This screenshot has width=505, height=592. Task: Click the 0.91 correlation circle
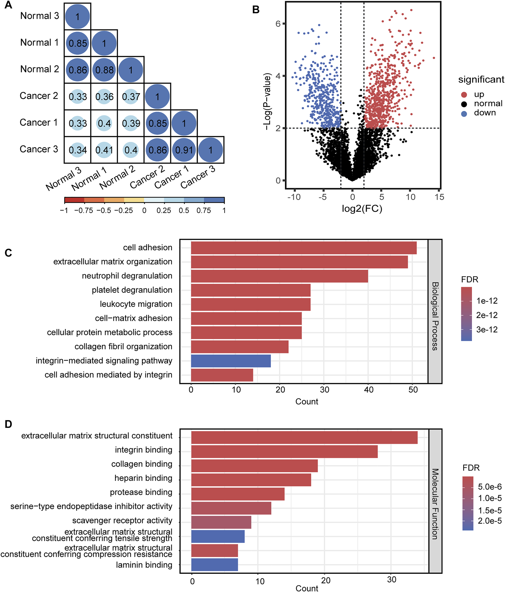(184, 150)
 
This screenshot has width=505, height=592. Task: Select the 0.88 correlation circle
(104, 70)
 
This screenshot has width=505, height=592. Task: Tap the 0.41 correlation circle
(104, 150)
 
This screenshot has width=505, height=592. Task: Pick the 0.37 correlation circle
(131, 96)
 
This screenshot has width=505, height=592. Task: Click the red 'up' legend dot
(464, 94)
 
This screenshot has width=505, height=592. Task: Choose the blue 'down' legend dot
(464, 114)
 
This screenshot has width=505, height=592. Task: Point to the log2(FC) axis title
(362, 209)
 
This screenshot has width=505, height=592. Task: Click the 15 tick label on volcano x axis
(439, 197)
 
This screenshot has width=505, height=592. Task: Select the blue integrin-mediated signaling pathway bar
(231, 361)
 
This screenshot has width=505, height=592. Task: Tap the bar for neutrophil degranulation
(279, 276)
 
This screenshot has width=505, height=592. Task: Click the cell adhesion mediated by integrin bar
(222, 375)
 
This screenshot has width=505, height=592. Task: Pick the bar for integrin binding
(284, 452)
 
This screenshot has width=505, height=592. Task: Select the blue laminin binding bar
(214, 565)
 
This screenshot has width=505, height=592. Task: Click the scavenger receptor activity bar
(221, 522)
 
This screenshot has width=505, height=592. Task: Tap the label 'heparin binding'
(143, 478)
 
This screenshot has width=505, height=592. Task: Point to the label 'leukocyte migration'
(136, 304)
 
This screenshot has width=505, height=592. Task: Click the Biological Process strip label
(435, 316)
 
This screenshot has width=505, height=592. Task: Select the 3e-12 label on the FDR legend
(487, 330)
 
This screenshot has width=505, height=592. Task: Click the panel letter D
(8, 424)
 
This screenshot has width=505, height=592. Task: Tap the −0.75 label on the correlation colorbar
(83, 211)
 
